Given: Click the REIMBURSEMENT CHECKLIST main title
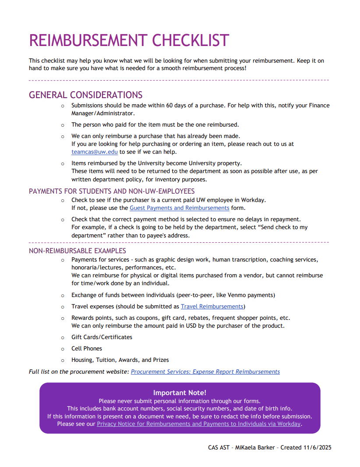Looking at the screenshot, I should [129, 40].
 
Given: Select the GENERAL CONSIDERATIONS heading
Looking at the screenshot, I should [85, 95].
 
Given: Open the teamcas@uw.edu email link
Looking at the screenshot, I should [95, 152].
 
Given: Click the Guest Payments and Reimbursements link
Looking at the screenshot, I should [180, 208].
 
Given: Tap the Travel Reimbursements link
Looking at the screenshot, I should [212, 307].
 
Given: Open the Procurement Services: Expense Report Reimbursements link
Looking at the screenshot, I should [205, 372].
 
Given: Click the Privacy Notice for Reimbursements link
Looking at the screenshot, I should [198, 424].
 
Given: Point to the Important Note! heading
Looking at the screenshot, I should [180, 393].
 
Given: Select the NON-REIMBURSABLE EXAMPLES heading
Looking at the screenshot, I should [78, 251].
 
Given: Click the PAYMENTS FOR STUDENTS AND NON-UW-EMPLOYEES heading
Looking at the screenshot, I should [112, 191].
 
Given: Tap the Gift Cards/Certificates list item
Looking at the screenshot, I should [102, 337].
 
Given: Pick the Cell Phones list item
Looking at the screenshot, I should [87, 349].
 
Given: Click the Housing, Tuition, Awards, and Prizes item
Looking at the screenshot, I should [120, 360].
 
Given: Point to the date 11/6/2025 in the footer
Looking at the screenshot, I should [316, 448].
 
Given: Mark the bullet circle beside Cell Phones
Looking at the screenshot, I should [63, 349].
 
